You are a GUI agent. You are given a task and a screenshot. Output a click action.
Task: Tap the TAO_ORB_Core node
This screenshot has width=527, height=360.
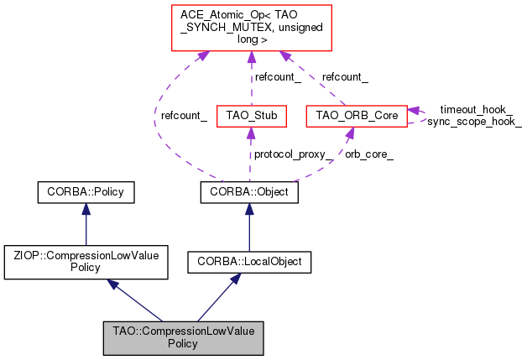[x=356, y=114]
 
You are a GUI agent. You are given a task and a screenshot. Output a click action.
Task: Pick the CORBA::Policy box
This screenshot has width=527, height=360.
[x=86, y=192]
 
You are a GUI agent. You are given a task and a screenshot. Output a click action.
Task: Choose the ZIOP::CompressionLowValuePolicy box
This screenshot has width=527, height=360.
[x=86, y=259]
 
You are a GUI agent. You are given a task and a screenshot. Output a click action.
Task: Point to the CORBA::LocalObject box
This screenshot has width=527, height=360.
[x=249, y=262]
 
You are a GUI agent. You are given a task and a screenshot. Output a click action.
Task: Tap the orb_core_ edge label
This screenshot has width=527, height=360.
[x=369, y=154]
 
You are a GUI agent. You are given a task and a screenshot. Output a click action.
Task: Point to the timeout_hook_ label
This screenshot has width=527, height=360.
[x=476, y=109]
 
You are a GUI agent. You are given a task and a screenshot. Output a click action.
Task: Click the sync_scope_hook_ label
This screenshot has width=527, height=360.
[x=474, y=122]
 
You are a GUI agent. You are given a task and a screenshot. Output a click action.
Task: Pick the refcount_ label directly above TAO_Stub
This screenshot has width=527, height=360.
[x=278, y=76]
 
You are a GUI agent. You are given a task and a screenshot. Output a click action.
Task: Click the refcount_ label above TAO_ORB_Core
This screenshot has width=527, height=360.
[x=345, y=76]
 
